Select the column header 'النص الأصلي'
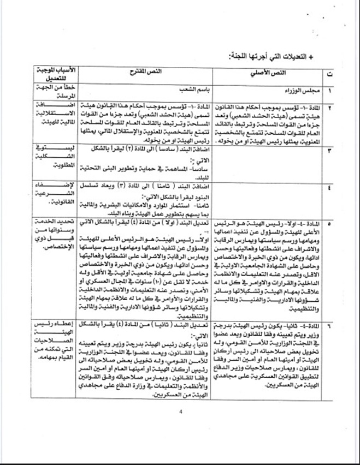(x=259, y=74)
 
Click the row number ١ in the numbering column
(x=329, y=90)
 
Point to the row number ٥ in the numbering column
(x=329, y=224)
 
